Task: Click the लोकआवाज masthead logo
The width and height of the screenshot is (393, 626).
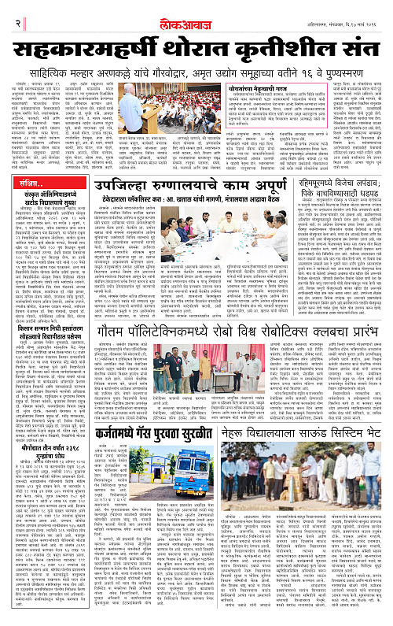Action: (196, 9)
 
